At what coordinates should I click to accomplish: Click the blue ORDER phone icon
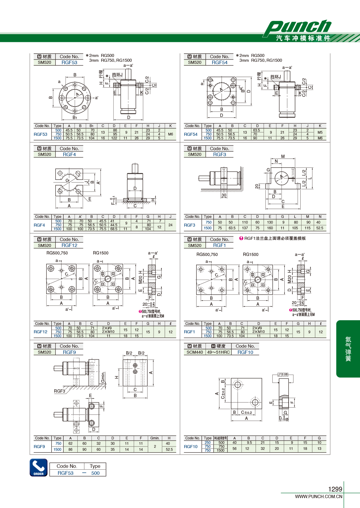coord(39,468)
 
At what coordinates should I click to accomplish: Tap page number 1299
coord(335,489)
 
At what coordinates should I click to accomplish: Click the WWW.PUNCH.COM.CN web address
coord(319,496)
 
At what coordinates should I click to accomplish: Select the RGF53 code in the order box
coord(65,473)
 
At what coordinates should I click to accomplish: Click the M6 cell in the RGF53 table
coord(170,134)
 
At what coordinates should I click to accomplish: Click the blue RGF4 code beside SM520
coord(69,154)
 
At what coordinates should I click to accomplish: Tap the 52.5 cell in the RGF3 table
coord(319,228)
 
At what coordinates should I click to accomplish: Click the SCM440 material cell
coord(194,352)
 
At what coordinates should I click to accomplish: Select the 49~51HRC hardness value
coord(218,352)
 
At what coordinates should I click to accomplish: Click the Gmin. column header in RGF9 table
coord(155,438)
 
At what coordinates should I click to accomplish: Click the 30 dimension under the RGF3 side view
coord(224,195)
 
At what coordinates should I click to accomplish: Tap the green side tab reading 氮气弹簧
coord(348,349)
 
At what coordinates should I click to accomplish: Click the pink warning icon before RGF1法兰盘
coord(241,238)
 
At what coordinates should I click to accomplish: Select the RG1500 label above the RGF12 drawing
coord(100,253)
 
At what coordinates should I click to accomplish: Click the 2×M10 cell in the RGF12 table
coord(108,331)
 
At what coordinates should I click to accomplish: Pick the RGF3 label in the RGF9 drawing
coord(59,391)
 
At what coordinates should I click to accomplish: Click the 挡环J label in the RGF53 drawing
coord(117,75)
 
